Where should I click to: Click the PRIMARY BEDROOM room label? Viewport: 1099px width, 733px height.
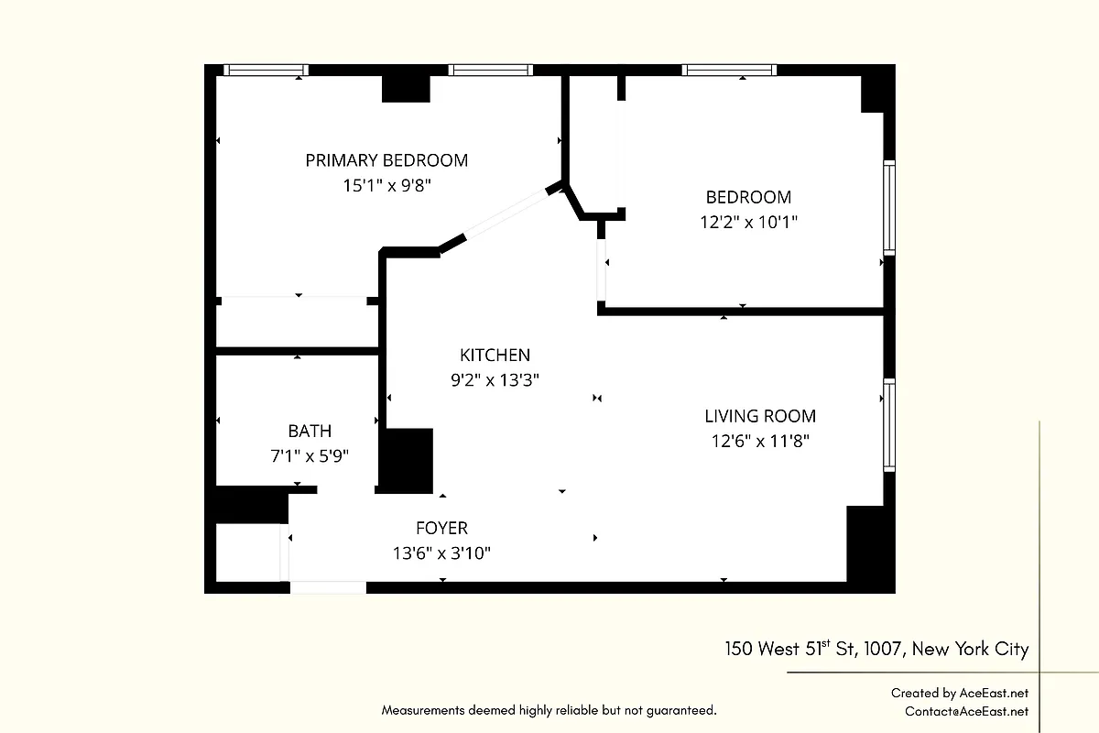click(386, 160)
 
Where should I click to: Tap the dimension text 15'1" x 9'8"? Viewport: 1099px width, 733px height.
click(386, 185)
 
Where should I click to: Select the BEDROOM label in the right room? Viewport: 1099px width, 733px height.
click(748, 197)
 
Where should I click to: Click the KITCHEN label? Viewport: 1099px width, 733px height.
click(495, 356)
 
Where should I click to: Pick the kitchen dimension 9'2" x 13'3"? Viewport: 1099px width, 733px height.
click(495, 380)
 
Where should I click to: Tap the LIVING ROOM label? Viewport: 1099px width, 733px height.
click(760, 416)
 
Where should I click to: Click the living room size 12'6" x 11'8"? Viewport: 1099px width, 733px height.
click(760, 441)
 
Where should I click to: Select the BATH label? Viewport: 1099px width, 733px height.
click(310, 431)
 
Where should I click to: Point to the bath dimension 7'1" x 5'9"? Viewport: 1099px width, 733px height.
click(310, 455)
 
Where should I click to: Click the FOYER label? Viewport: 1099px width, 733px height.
click(441, 529)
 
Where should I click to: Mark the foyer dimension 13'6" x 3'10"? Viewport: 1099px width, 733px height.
click(441, 553)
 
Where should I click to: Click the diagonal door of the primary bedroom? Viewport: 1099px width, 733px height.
click(506, 214)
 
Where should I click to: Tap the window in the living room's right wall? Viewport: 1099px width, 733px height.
click(888, 425)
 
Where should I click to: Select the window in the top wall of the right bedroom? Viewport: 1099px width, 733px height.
click(729, 70)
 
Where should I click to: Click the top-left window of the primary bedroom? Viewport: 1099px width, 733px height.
click(267, 70)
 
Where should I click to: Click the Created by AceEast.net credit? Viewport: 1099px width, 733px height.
click(960, 694)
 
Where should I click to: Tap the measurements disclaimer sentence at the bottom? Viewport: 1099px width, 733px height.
click(549, 710)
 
